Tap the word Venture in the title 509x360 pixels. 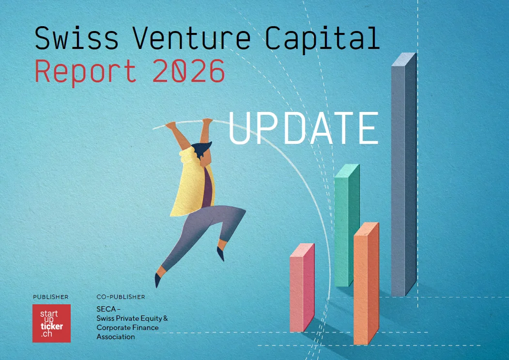[191, 38]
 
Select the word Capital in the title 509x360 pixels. [323, 40]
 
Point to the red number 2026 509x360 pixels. [188, 71]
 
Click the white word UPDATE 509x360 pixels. [304, 128]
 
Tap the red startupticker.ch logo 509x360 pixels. [52, 323]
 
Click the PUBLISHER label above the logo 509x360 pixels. [51, 297]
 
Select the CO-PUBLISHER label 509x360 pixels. [121, 297]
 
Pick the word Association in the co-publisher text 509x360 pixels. [116, 337]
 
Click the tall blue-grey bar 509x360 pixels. [404, 174]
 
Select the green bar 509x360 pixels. [347, 225]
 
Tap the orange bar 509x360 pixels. [366, 283]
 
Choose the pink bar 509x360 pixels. [302, 287]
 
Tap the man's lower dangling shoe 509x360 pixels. [158, 280]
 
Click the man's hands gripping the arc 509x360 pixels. [189, 123]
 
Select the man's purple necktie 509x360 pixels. [207, 188]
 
